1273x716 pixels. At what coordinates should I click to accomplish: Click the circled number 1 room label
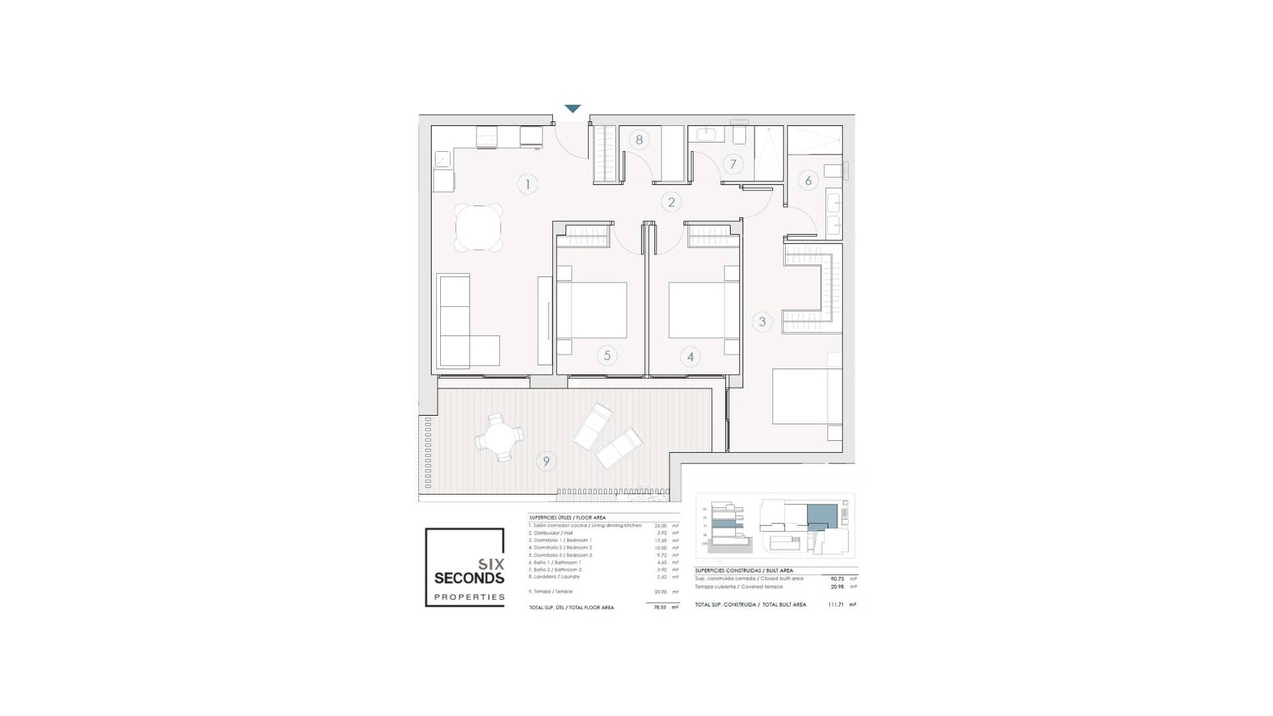pyautogui.click(x=528, y=184)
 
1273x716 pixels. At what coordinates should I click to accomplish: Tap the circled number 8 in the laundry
pyautogui.click(x=639, y=140)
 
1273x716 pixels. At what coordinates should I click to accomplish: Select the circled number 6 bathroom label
pyautogui.click(x=808, y=180)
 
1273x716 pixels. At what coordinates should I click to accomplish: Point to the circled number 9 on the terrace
pyautogui.click(x=546, y=461)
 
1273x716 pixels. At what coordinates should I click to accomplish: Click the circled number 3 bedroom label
pyautogui.click(x=762, y=322)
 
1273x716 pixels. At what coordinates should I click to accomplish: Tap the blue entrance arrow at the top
pyautogui.click(x=573, y=109)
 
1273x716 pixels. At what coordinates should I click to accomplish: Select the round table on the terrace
pyautogui.click(x=499, y=438)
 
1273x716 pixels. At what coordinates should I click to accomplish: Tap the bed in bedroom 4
pyautogui.click(x=703, y=310)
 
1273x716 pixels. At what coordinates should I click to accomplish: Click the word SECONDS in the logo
pyautogui.click(x=469, y=578)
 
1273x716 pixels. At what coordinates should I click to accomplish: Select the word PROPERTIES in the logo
pyautogui.click(x=469, y=597)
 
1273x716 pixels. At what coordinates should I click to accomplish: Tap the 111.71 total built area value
pyautogui.click(x=836, y=605)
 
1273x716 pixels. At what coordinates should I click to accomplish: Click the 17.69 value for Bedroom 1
pyautogui.click(x=660, y=540)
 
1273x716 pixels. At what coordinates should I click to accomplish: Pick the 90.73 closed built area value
pyautogui.click(x=835, y=579)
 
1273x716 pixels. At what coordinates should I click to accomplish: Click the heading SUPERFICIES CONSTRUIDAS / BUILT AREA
pyautogui.click(x=743, y=571)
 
